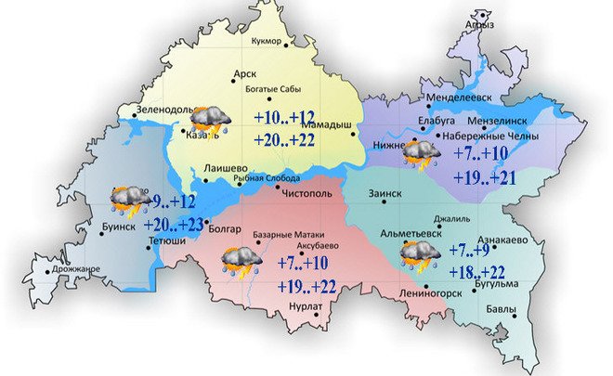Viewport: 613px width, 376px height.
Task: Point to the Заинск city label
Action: point(384,194)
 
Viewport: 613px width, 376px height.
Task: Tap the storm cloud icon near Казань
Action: point(210,120)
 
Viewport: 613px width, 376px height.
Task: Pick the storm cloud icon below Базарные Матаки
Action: point(241,260)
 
